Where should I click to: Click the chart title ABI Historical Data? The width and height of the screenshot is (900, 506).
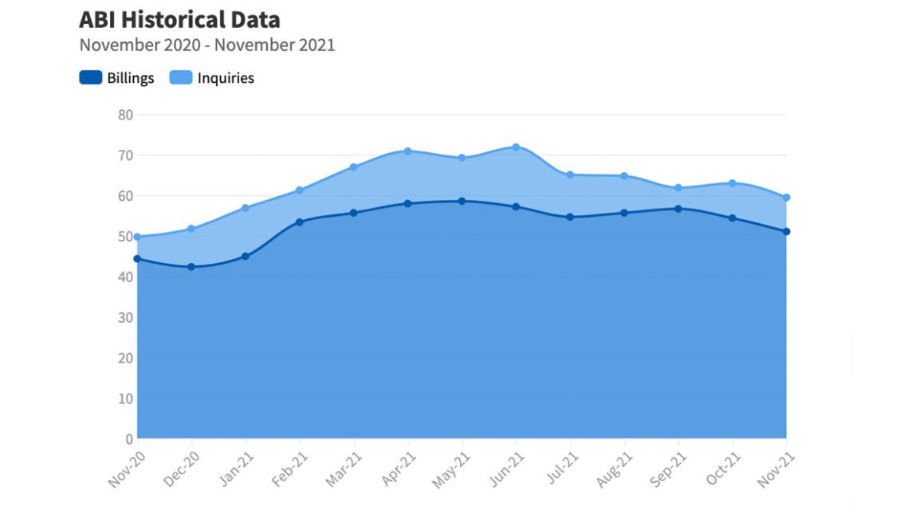pos(179,19)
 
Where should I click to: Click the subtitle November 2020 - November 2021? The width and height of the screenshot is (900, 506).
pos(207,45)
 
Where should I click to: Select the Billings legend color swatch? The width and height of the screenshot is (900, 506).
pos(90,78)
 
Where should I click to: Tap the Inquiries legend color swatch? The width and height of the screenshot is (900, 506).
pos(181,78)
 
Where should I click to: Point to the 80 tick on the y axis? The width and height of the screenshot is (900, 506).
pos(125,114)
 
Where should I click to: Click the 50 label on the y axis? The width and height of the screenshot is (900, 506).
pos(125,236)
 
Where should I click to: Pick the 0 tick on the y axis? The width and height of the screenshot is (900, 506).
pos(128,438)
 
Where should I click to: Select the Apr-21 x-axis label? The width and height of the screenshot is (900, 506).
pos(399,469)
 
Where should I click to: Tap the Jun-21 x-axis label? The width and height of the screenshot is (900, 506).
pos(507,469)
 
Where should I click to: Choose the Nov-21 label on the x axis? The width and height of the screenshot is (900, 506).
pos(777,469)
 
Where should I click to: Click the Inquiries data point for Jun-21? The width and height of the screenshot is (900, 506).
pos(516,147)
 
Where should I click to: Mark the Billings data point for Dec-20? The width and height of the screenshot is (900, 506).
pos(191,267)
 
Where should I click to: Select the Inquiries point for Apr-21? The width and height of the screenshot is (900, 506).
pos(407,151)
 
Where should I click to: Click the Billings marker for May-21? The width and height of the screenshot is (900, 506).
pos(462,201)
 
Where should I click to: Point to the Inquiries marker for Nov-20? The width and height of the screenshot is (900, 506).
pos(137,237)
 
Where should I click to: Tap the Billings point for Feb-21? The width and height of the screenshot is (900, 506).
pos(300,222)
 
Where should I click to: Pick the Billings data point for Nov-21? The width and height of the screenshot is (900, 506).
pos(786,232)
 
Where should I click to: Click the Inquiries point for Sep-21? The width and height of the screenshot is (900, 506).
pos(678,188)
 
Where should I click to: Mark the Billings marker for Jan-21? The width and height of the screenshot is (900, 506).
pos(246,257)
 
